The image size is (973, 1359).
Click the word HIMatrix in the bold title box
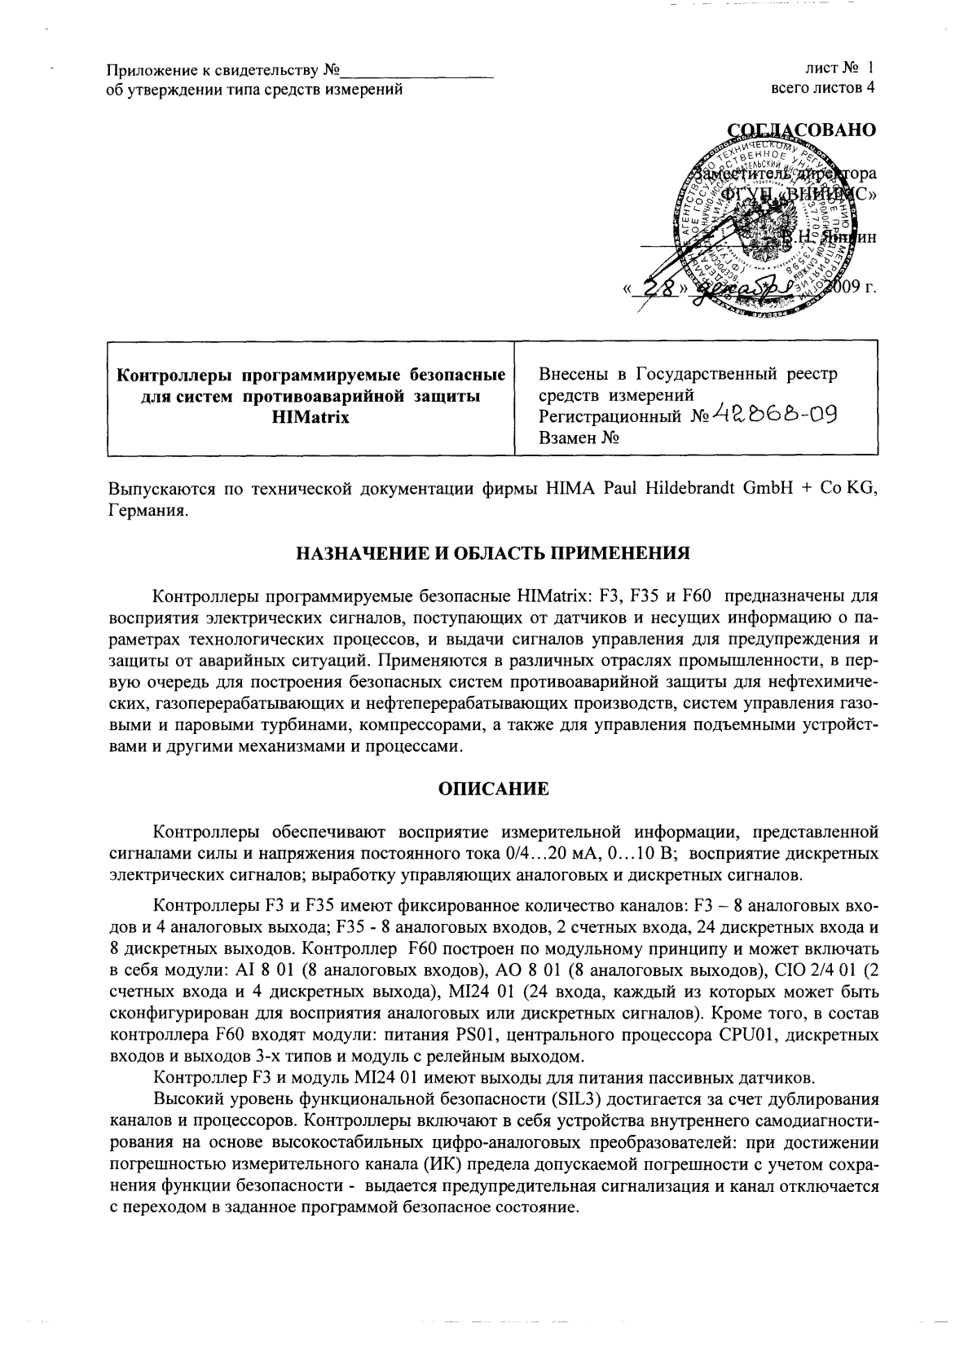(312, 417)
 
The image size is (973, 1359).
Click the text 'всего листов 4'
(823, 88)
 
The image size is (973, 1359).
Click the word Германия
(147, 511)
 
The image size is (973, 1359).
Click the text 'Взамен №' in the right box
(579, 438)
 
